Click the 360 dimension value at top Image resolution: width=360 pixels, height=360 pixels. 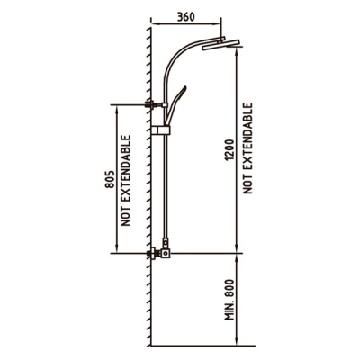click(x=185, y=17)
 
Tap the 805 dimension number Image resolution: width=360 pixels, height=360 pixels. click(x=110, y=179)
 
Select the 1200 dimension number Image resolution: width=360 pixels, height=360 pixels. click(x=229, y=149)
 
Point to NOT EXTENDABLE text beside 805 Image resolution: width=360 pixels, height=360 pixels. click(x=126, y=181)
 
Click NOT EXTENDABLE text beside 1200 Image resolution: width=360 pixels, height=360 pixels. click(x=247, y=148)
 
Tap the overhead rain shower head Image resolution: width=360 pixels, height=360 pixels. click(x=220, y=44)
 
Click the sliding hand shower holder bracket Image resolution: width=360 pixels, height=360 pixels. click(x=160, y=130)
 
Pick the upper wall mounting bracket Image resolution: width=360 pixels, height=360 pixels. click(x=156, y=105)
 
